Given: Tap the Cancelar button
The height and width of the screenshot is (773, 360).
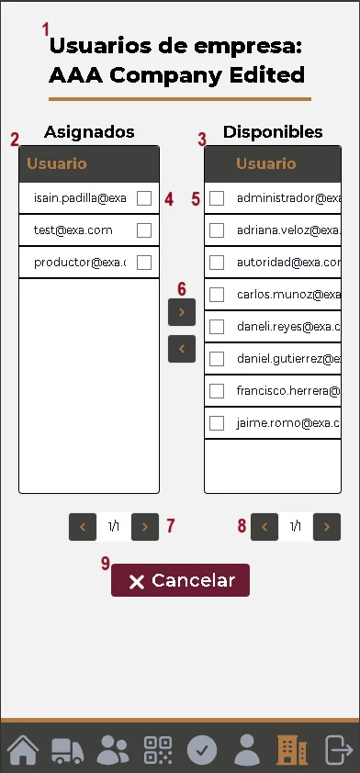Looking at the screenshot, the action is click(180, 580).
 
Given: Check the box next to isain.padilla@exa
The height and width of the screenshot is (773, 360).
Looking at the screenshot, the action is click(144, 197).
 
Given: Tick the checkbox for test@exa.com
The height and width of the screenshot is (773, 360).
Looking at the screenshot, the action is click(144, 230).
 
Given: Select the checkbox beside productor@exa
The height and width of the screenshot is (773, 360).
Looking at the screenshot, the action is click(144, 263).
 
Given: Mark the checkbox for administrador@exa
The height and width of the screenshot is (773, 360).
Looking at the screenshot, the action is click(217, 197).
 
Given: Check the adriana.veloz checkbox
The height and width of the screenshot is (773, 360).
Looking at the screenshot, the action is click(217, 230).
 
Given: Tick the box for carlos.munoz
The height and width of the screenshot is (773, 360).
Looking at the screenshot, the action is click(217, 295).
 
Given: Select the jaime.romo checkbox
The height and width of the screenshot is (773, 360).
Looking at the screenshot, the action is click(217, 423).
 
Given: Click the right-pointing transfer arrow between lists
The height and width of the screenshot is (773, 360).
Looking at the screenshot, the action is click(182, 312).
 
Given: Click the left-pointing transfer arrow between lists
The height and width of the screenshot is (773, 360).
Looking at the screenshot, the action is click(182, 349).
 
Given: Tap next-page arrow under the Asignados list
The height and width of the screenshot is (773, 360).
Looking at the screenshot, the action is click(145, 527).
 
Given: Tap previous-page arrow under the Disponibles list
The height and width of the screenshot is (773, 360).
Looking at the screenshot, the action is click(264, 527).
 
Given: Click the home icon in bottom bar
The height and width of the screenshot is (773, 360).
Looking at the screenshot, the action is click(23, 749).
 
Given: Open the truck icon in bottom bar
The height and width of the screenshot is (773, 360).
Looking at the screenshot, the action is click(68, 749).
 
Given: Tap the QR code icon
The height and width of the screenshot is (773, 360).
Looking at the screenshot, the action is click(158, 749).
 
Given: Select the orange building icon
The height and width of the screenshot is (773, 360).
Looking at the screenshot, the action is click(292, 749).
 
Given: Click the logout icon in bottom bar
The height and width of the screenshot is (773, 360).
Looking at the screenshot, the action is click(338, 749).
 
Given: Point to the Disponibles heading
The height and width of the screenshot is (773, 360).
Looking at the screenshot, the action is click(273, 132).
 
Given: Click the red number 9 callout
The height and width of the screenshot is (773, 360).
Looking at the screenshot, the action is click(105, 563).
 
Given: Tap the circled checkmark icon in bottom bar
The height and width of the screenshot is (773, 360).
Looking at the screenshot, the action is click(202, 749).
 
